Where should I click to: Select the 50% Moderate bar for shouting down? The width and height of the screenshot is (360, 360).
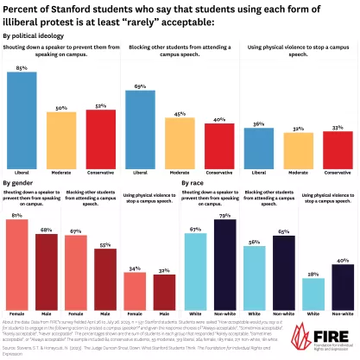click(x=60, y=137)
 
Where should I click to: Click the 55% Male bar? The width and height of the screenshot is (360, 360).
click(x=105, y=276)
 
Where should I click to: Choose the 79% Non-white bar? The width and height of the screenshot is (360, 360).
click(x=224, y=263)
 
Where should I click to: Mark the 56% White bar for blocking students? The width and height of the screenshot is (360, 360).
click(x=254, y=277)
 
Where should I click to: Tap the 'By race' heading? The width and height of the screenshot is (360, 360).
click(x=194, y=184)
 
